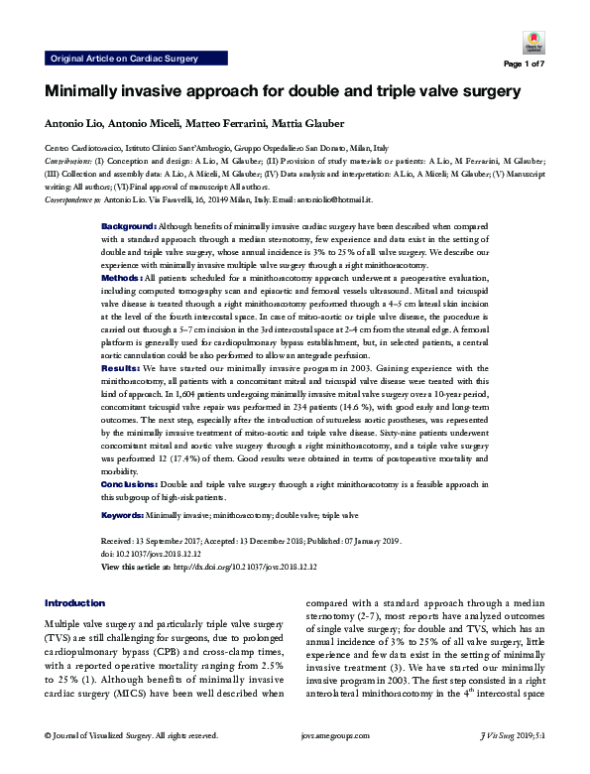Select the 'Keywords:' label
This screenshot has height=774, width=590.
pyautogui.click(x=123, y=516)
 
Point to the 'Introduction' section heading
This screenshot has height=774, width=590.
pyautogui.click(x=76, y=603)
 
